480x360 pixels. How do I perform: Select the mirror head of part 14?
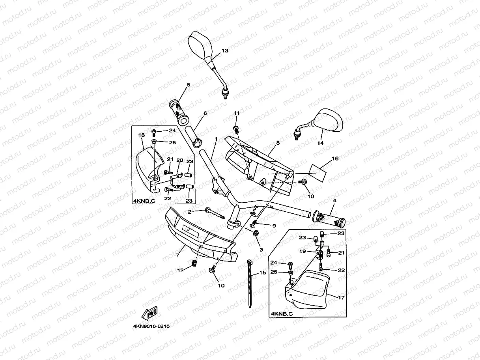(x=330, y=121)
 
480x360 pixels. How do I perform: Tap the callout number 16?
(x=335, y=159)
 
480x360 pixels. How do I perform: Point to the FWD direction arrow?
(x=149, y=314)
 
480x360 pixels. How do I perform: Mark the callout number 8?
(x=278, y=143)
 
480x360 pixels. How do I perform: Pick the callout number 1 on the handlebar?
(x=216, y=139)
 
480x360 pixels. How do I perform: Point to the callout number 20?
(x=180, y=160)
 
